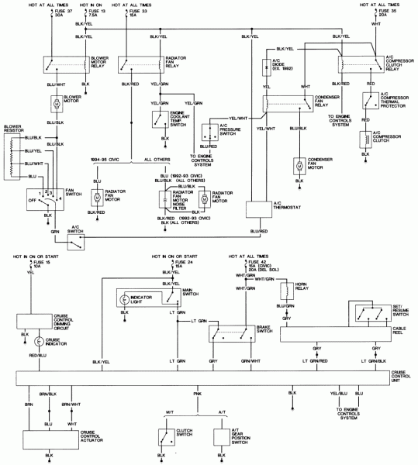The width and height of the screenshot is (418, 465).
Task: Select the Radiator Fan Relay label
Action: coord(179,64)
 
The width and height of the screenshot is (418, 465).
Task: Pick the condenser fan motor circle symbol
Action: coord(299,167)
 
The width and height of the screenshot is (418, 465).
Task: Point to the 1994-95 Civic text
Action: coord(105,160)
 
